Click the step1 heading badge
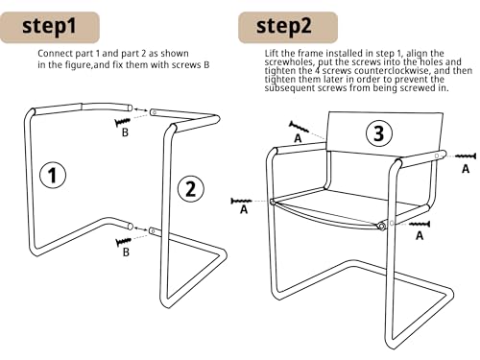click(x=50, y=27)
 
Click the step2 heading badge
click(x=288, y=27)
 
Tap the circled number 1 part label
click(x=53, y=176)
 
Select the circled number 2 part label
click(x=191, y=188)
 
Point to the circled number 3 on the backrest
click(x=379, y=133)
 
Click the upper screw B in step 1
click(x=123, y=122)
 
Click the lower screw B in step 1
click(x=123, y=242)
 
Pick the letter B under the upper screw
click(x=125, y=132)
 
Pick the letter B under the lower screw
click(x=126, y=252)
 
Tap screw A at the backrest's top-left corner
click(x=299, y=127)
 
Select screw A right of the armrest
click(x=466, y=156)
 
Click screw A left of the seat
click(x=241, y=201)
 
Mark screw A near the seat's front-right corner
click(x=420, y=224)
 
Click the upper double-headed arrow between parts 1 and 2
click(x=140, y=109)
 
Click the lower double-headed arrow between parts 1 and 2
click(x=140, y=228)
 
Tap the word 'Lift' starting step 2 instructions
click(x=272, y=53)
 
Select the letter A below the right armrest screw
click(x=466, y=169)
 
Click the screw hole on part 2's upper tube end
click(x=154, y=112)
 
